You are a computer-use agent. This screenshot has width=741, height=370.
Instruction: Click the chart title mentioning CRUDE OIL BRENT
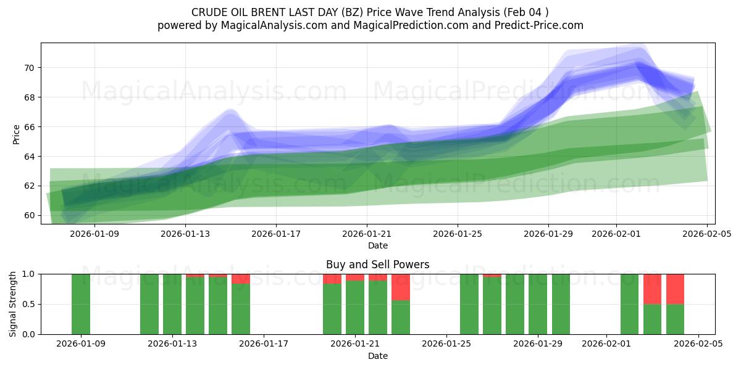(370, 12)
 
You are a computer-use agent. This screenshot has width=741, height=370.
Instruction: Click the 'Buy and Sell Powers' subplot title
(377, 265)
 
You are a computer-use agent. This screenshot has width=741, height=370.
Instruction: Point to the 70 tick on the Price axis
(28, 68)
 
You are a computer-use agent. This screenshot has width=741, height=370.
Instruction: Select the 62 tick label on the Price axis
(28, 186)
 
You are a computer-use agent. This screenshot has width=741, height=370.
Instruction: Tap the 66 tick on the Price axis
(28, 127)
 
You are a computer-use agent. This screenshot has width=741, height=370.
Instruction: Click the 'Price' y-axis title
(16, 133)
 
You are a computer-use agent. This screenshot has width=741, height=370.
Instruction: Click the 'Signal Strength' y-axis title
(13, 304)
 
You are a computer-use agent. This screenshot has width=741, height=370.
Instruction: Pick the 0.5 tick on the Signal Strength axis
(28, 305)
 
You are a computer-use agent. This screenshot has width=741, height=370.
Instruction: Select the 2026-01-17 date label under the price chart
(275, 234)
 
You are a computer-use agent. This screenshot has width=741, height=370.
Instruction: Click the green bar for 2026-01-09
(81, 304)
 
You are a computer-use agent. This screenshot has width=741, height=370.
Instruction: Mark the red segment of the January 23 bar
(401, 287)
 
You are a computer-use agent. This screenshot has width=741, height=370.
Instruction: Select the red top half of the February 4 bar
(675, 289)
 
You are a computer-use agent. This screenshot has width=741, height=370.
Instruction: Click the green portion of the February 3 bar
(652, 319)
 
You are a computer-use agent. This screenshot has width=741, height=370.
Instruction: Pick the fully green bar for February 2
(629, 304)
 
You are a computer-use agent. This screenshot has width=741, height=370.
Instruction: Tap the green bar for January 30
(561, 304)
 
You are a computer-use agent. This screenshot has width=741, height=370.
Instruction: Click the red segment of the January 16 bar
(241, 279)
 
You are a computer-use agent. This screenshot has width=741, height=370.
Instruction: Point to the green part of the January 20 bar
(332, 309)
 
